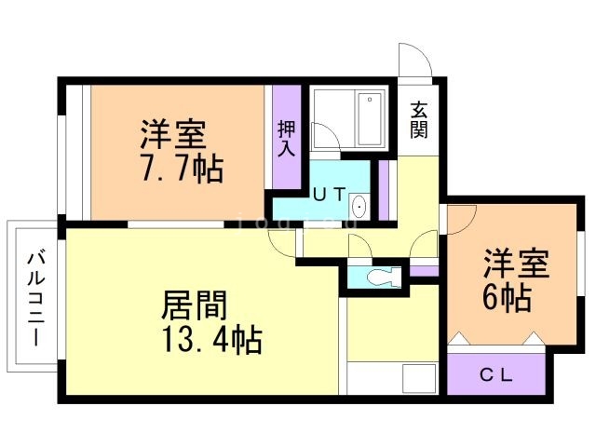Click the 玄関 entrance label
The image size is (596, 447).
pyautogui.click(x=419, y=119)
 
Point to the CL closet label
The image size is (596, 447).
pyautogui.click(x=496, y=375)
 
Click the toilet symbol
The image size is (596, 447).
pyautogui.click(x=383, y=276)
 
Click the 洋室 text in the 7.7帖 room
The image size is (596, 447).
pyautogui.click(x=172, y=135)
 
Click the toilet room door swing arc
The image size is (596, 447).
pyautogui.click(x=359, y=248)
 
